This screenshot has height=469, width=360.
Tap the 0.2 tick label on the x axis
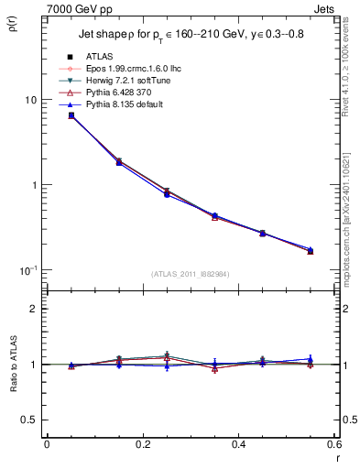142,444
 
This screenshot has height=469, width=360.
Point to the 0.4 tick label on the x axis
238,444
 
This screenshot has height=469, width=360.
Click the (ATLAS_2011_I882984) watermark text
190,274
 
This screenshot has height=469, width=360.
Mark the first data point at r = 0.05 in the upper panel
71,115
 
